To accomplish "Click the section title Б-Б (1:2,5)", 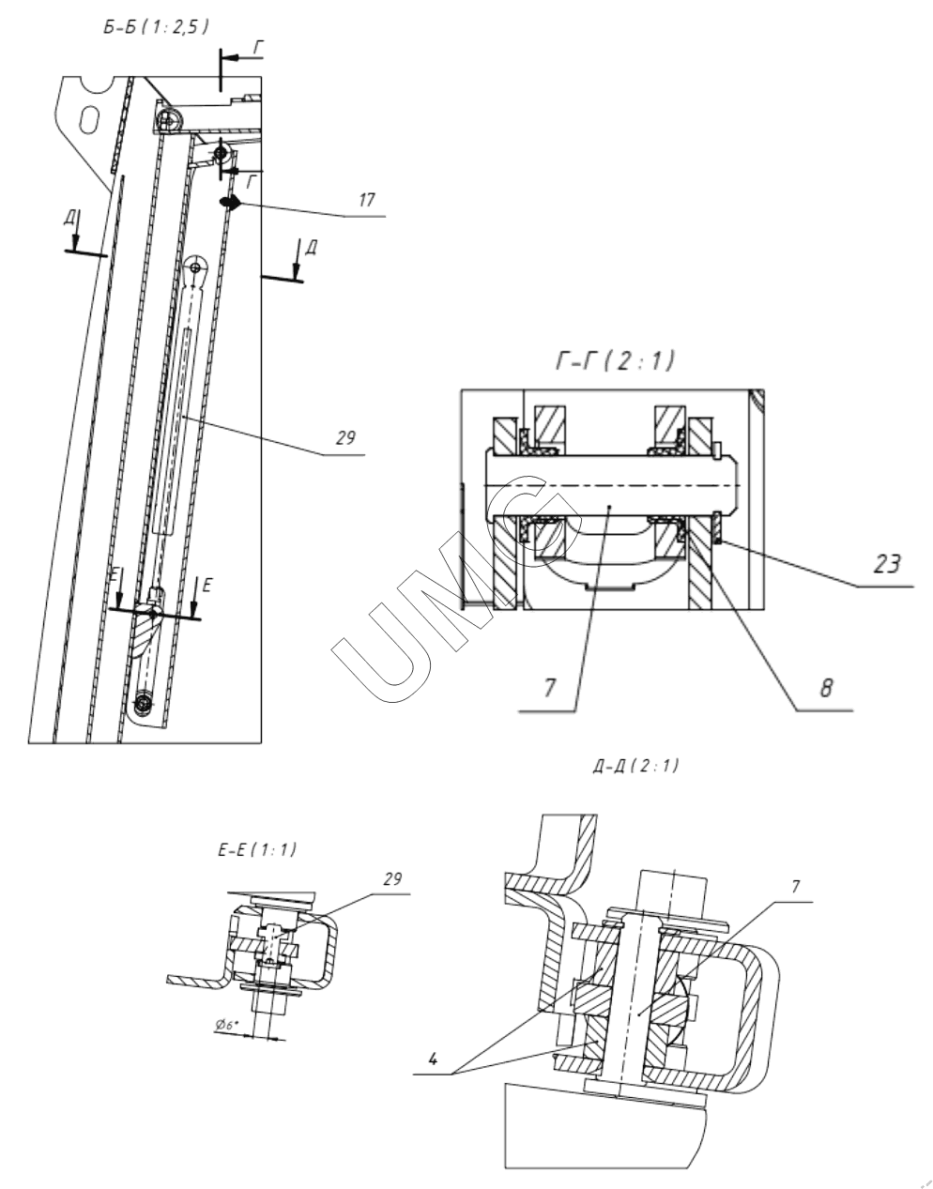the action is (156, 27).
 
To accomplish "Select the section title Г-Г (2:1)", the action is (615, 361).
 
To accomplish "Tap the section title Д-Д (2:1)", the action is (635, 766).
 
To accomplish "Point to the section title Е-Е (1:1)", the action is (257, 850).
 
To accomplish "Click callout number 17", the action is (367, 200).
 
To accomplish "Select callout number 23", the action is (886, 564).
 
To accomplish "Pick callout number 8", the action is (826, 688).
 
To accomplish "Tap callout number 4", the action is (433, 1059).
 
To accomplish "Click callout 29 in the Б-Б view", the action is (345, 437).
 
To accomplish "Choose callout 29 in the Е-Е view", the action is (391, 879).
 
